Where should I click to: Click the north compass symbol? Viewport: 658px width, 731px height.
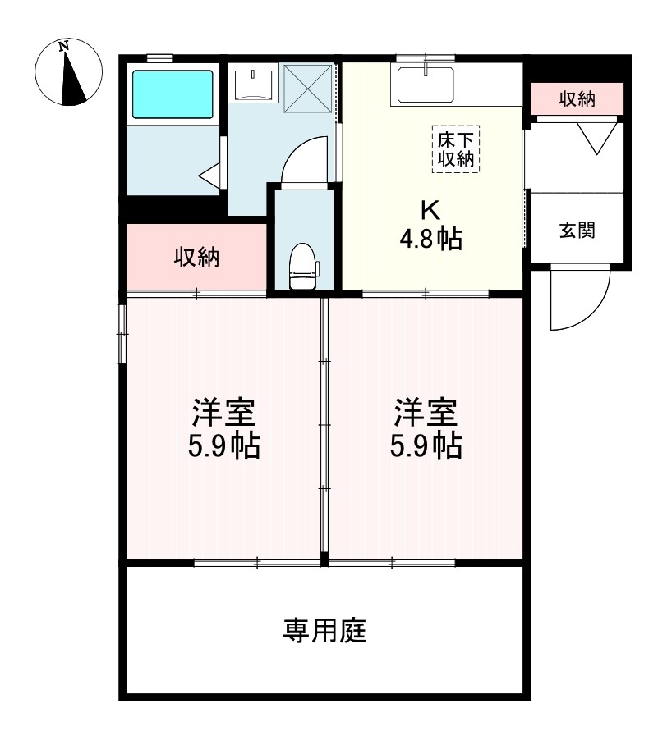click(69, 73)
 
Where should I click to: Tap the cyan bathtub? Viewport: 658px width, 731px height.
click(172, 93)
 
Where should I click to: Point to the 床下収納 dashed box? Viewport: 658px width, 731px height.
click(456, 148)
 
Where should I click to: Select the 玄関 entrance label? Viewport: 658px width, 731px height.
click(577, 230)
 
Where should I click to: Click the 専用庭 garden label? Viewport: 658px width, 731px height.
click(324, 631)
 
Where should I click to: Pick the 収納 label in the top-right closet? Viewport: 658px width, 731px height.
click(577, 99)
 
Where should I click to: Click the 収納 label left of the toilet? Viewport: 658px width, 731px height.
click(196, 257)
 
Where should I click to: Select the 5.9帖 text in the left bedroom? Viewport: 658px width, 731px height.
click(224, 447)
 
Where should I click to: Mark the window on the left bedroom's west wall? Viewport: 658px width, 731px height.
click(122, 333)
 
